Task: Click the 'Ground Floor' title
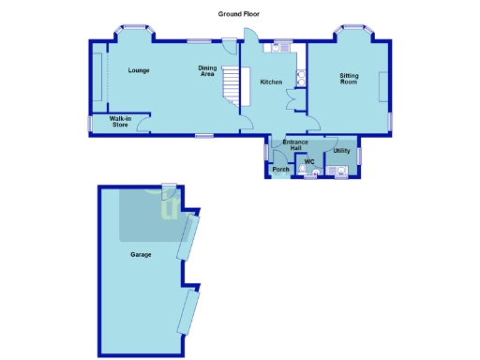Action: coord(239,14)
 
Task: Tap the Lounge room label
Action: coord(140,70)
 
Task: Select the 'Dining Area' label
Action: coord(207,70)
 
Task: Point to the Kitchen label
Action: coord(271,82)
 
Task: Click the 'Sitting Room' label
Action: coord(349,80)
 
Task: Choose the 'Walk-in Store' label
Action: coord(119,121)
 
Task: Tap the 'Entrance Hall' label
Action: coord(295,144)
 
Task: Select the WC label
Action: coord(308,162)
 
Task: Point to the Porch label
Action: coord(280,169)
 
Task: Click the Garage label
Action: coord(142,254)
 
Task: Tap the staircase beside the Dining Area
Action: coord(231,89)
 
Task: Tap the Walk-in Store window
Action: coord(91,123)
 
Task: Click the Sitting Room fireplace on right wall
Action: coord(379,88)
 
